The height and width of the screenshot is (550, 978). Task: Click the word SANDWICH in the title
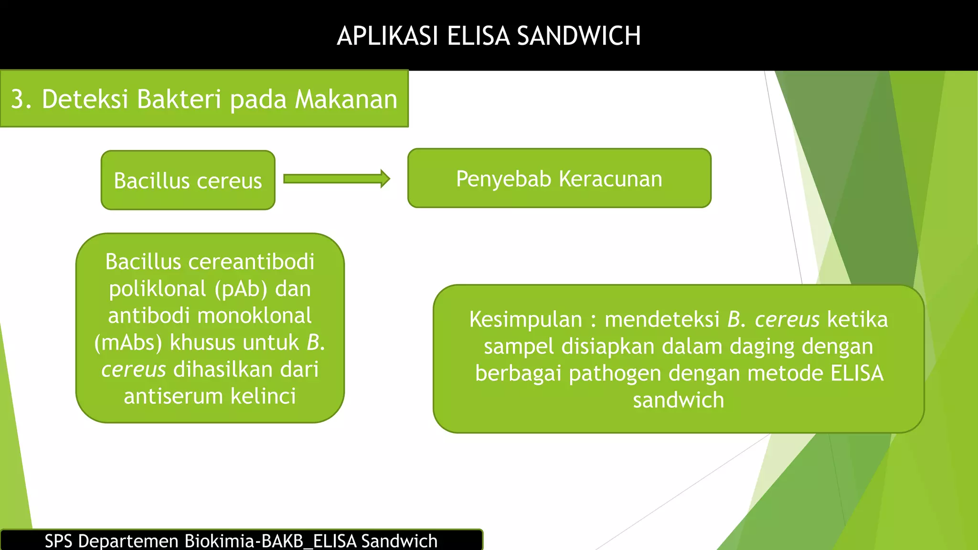579,36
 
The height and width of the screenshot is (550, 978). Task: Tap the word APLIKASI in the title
387,36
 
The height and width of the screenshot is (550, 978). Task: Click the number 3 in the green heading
18,99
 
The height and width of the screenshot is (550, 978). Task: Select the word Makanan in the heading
346,99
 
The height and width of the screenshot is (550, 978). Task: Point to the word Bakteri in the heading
180,99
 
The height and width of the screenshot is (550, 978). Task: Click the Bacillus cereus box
188,180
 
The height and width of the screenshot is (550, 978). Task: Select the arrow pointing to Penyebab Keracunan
337,179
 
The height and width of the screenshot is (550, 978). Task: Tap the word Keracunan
610,179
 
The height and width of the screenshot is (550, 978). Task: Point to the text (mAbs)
128,343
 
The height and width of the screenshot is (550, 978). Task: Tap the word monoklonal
254,316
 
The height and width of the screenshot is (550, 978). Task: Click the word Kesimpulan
525,319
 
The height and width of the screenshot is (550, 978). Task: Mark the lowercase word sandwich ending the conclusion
678,400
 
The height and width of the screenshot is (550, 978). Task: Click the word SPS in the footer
58,541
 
